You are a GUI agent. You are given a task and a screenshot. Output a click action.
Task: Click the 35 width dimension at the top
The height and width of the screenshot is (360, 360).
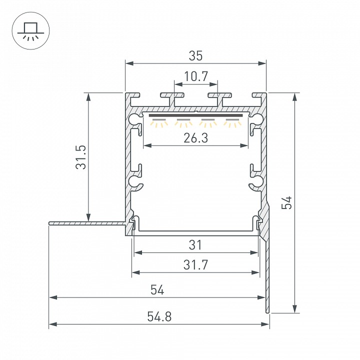coord(195,56)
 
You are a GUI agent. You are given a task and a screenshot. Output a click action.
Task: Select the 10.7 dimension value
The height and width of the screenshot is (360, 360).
coord(195,76)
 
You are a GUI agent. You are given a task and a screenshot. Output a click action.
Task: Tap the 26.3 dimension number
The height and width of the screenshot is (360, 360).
coord(195,138)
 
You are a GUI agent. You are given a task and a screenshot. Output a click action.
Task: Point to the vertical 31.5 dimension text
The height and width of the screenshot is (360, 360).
coord(81,157)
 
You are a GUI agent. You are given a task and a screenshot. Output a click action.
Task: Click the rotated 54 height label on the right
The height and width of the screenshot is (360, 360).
coord(286,203)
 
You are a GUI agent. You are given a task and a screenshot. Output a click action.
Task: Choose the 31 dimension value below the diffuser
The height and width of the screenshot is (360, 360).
coord(195,245)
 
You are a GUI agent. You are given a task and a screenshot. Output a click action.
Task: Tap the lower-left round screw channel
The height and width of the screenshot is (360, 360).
coord(134,180)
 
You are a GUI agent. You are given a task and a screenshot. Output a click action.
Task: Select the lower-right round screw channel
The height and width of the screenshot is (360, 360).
coord(257,180)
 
